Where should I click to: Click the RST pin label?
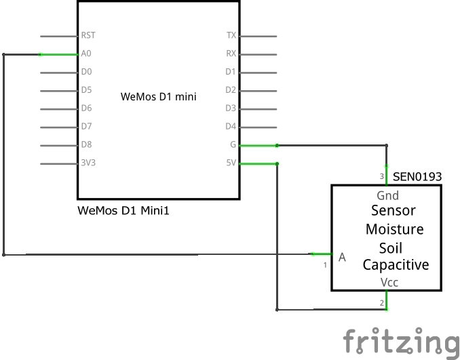88,35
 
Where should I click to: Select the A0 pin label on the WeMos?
86,54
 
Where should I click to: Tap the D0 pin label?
86,72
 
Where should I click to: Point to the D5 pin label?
86,90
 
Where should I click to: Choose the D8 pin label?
86,144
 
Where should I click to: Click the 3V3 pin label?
88,163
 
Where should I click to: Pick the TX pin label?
231,35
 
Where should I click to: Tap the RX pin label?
231,54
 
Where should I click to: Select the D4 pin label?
231,126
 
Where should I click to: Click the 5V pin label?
231,163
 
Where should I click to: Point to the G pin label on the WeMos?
233,144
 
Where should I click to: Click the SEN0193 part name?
417,177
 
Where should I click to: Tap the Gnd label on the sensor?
387,196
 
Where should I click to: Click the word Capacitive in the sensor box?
396,265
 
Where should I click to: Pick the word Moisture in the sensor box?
394,229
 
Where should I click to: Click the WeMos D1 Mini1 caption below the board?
123,211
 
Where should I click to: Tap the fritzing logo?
400,341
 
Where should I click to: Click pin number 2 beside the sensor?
382,302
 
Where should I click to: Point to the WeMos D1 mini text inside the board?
158,96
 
